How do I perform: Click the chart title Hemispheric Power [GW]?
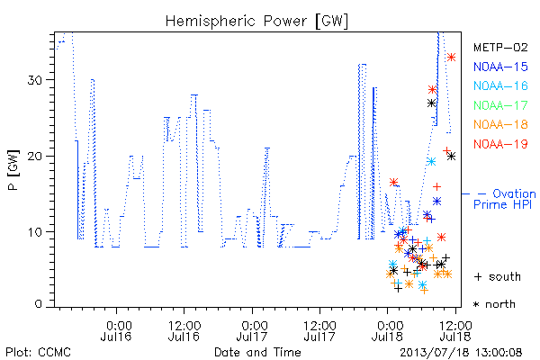pyautogui.click(x=256, y=22)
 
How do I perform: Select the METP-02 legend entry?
pyautogui.click(x=500, y=47)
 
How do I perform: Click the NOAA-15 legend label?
pyautogui.click(x=500, y=67)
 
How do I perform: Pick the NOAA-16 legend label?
pyautogui.click(x=500, y=85)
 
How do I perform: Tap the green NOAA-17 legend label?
pyautogui.click(x=500, y=105)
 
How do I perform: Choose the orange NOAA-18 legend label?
pyautogui.click(x=500, y=124)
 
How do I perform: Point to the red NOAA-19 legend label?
pyautogui.click(x=500, y=144)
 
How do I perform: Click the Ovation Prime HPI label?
pyautogui.click(x=504, y=199)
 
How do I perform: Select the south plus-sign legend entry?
pyautogui.click(x=498, y=276)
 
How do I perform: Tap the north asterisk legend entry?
pyautogui.click(x=494, y=304)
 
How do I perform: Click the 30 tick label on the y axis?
pyautogui.click(x=34, y=80)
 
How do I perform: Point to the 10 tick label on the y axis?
pyautogui.click(x=34, y=232)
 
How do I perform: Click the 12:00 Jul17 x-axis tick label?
pyautogui.click(x=319, y=331)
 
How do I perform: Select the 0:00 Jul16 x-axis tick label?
pyautogui.click(x=116, y=331)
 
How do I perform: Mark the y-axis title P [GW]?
pyautogui.click(x=14, y=169)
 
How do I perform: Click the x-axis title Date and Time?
pyautogui.click(x=257, y=352)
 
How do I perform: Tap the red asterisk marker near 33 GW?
pyautogui.click(x=451, y=58)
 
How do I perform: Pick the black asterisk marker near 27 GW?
pyautogui.click(x=431, y=103)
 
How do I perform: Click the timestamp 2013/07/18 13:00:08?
pyautogui.click(x=461, y=353)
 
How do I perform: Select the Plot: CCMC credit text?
pyautogui.click(x=38, y=353)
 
